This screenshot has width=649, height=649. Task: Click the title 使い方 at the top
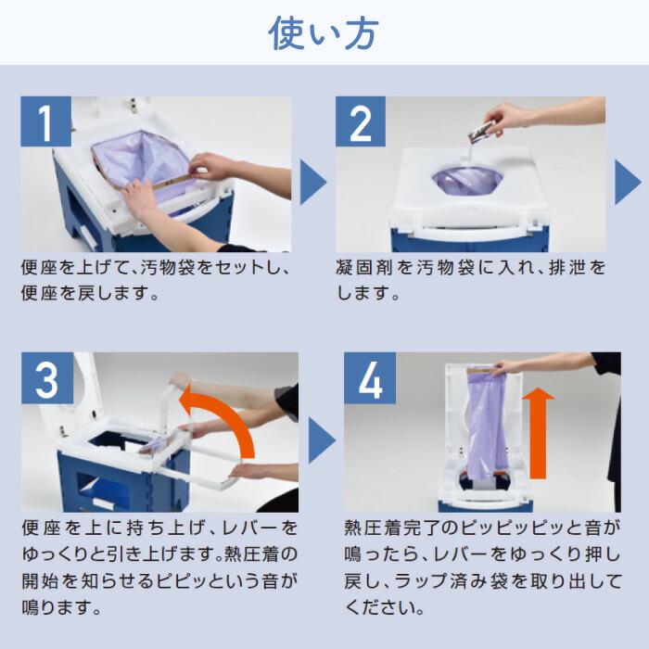coord(324,33)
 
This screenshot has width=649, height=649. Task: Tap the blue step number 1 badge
coord(46,121)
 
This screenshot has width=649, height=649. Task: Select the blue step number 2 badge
coord(361,121)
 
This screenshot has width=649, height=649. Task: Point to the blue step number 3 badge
coord(47,378)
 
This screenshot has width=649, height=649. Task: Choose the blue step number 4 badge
coord(370,378)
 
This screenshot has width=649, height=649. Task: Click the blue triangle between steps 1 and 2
coord(313,182)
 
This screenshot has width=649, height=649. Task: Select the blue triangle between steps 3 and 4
coord(322,440)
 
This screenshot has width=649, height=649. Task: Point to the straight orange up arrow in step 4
coord(538,433)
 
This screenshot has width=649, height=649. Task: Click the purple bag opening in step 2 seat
coord(467,180)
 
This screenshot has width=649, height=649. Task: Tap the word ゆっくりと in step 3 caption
coord(63,554)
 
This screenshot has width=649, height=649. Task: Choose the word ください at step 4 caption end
coord(379,607)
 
